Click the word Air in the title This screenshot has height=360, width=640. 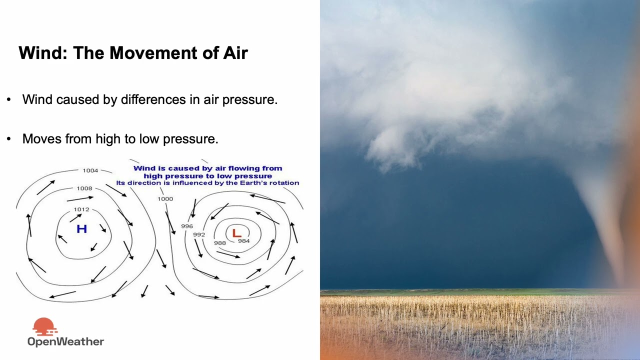[232, 52]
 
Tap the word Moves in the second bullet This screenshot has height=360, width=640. [42, 138]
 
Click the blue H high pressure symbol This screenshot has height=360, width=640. [81, 229]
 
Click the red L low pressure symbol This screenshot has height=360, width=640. [236, 232]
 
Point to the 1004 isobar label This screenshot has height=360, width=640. [90, 170]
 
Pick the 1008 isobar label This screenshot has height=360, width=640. [84, 188]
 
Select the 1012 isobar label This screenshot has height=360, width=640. [81, 209]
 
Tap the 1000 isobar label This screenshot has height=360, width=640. [165, 199]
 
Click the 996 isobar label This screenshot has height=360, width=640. [187, 226]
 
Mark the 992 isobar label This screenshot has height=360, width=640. [199, 234]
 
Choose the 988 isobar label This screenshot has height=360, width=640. [220, 243]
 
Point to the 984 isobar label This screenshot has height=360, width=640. [243, 241]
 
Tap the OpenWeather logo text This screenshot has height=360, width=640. [65, 342]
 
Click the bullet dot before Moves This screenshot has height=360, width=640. [8, 138]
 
